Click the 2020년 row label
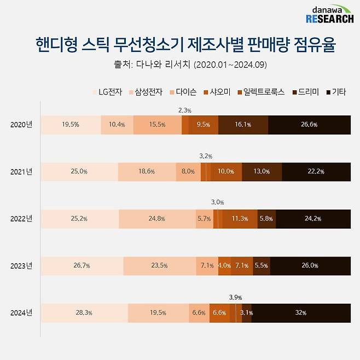click(x=21, y=125)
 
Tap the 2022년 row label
click(x=21, y=219)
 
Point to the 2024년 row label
click(x=21, y=313)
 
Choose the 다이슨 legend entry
click(x=184, y=92)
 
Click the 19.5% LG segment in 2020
click(x=71, y=125)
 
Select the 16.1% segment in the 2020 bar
click(x=243, y=125)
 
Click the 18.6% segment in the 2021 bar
click(x=146, y=172)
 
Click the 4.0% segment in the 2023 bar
click(x=224, y=266)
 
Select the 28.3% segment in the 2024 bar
click(x=84, y=313)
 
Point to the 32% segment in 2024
click(x=300, y=313)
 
